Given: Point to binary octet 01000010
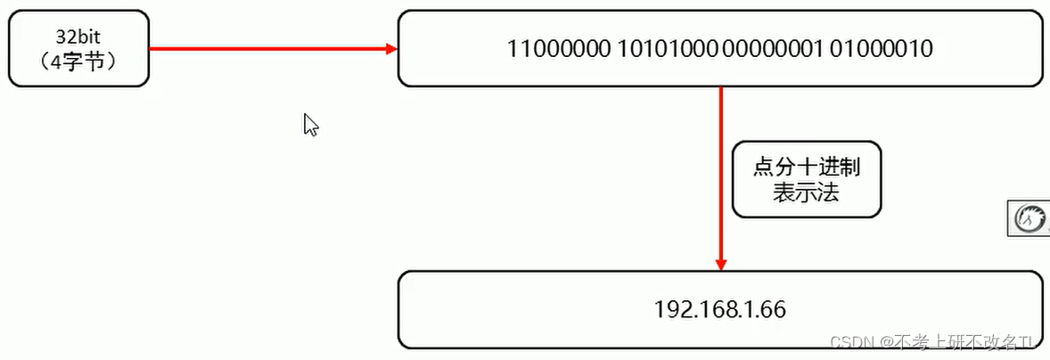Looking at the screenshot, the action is click(881, 48).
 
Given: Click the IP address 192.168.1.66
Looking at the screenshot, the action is click(719, 309).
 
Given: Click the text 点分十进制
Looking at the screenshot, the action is click(807, 167).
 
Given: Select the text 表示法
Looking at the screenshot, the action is click(807, 191).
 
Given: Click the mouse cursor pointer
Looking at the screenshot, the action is click(309, 124).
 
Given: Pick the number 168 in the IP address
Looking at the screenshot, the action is click(712, 309).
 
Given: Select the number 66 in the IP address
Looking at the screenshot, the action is click(772, 309).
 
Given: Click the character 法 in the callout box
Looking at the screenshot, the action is click(828, 191).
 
